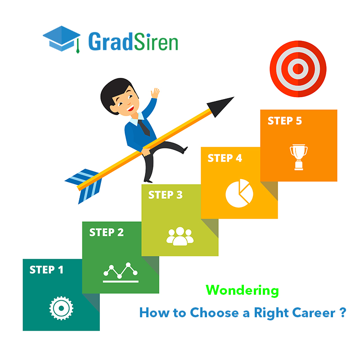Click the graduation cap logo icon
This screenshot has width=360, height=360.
pyautogui.click(x=62, y=39)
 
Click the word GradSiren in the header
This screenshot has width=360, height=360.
pyautogui.click(x=133, y=41)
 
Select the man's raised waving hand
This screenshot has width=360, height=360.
pyautogui.click(x=155, y=93)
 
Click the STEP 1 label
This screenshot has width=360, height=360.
pyautogui.click(x=46, y=270)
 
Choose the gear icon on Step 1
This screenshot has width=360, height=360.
pyautogui.click(x=61, y=308)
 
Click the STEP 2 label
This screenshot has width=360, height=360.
pyautogui.click(x=106, y=233)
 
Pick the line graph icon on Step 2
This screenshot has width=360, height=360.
pyautogui.click(x=121, y=271)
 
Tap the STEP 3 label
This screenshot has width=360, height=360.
pyautogui.click(x=165, y=195)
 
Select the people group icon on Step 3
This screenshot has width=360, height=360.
pyautogui.click(x=180, y=236)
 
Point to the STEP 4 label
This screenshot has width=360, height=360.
pyautogui.click(x=225, y=158)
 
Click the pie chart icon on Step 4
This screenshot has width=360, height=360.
pyautogui.click(x=239, y=193)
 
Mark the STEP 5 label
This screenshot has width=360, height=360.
pyautogui.click(x=285, y=121)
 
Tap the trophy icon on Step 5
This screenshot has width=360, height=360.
pyautogui.click(x=298, y=157)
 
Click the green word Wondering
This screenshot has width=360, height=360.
pyautogui.click(x=243, y=291)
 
